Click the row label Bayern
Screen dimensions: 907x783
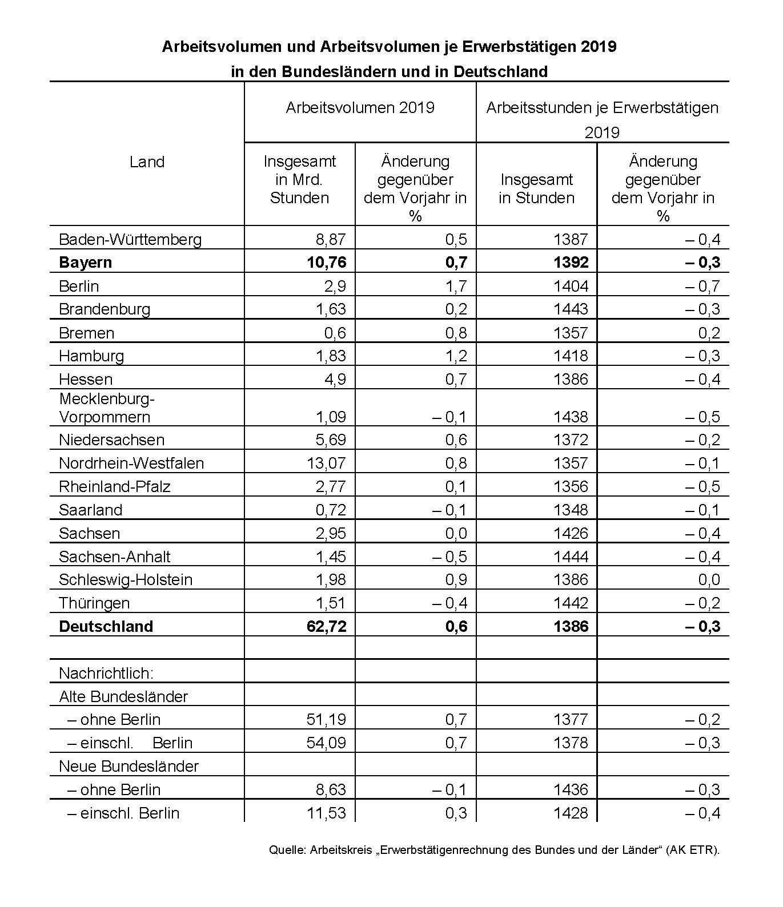coord(85,263)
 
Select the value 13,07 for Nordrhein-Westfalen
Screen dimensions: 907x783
coord(326,463)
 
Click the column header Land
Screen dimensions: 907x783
coord(147,162)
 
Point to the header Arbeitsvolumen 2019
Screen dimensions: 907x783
coord(360,108)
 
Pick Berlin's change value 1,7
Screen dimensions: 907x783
coord(456,286)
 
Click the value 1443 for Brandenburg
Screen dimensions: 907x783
coord(570,309)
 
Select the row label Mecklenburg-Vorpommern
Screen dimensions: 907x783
coord(107,408)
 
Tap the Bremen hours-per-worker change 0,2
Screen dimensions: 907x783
coord(709,333)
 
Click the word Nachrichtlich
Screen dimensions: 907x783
coord(106,674)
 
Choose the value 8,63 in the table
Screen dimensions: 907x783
coord(331,790)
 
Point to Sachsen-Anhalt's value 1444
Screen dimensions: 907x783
coord(570,557)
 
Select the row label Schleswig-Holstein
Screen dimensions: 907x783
coord(126,580)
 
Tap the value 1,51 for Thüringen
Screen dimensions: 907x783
coord(331,603)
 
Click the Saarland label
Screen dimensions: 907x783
coord(90,510)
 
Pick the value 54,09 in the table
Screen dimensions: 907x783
coord(326,743)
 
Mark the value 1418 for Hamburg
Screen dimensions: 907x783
coord(570,356)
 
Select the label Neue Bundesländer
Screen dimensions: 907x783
coord(129,766)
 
